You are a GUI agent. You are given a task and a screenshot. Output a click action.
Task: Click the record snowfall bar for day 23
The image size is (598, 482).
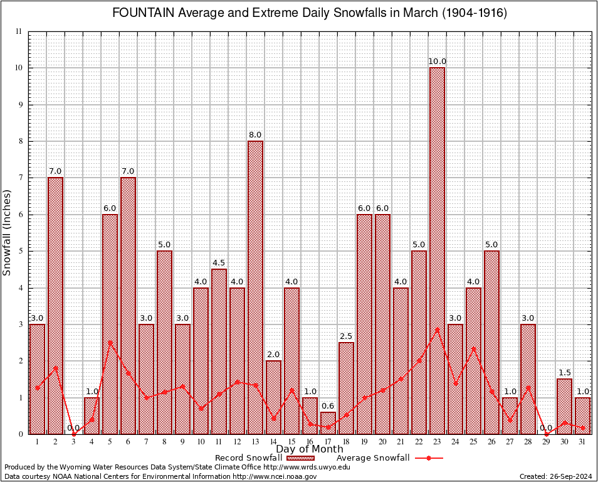click(x=437, y=251)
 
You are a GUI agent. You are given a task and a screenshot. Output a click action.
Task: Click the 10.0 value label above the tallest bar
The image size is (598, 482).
click(x=437, y=62)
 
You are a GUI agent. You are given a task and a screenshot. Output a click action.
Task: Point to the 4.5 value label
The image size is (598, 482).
click(x=219, y=263)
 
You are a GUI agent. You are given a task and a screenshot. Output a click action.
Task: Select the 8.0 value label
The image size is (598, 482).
click(x=255, y=135)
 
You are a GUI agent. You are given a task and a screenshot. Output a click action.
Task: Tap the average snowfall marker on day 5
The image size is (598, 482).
click(x=110, y=343)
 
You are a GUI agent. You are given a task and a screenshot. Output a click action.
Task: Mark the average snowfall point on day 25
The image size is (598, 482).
click(x=473, y=348)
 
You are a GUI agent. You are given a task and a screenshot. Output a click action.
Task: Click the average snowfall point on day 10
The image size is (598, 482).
click(x=201, y=409)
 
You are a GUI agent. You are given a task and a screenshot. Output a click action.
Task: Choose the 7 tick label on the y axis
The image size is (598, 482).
click(x=19, y=178)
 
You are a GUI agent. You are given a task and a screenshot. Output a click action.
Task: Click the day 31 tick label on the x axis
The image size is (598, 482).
click(x=582, y=441)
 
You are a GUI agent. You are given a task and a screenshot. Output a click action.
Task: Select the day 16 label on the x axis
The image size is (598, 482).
click(x=310, y=441)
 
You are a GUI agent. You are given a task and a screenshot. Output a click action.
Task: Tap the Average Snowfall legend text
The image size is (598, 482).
click(x=373, y=458)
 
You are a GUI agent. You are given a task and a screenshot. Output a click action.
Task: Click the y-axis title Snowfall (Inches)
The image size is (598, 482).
click(x=8, y=232)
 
